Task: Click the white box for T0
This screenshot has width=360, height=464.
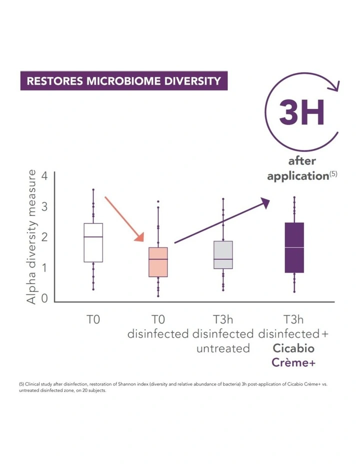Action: click(93, 242)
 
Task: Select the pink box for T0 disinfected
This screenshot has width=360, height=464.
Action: click(158, 262)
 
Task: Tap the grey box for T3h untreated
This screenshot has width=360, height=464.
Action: click(223, 255)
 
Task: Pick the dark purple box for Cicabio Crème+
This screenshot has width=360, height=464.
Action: click(294, 247)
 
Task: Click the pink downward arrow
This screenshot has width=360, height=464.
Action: click(125, 219)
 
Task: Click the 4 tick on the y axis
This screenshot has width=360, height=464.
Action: click(45, 176)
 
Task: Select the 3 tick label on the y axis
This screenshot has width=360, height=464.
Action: click(45, 206)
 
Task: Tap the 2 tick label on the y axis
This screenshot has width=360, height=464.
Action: click(45, 237)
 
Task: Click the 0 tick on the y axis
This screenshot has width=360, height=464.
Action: click(45, 298)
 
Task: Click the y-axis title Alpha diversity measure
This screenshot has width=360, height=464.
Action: click(31, 236)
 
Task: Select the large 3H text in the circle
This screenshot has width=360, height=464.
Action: click(302, 112)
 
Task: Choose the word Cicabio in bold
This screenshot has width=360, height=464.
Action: click(294, 348)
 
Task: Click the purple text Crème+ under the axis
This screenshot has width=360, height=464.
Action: click(294, 363)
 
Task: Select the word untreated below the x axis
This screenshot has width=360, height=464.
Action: click(223, 348)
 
